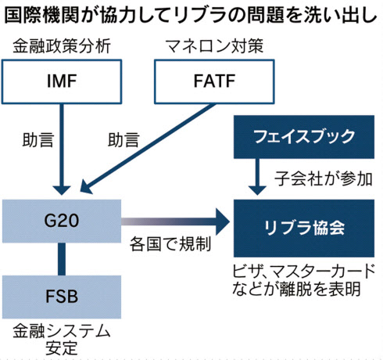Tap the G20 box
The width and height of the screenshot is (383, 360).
coord(62,221)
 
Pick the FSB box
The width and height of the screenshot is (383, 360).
coord(62,297)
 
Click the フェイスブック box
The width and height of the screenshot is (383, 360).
coord(304,137)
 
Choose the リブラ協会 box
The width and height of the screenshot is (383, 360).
coord(304,229)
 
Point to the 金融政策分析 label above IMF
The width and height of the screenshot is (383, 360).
coord(62,46)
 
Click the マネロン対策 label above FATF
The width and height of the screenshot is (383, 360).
coord(214,46)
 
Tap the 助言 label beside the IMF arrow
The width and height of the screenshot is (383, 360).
coord(38,139)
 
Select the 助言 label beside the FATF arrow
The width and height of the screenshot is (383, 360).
coord(123,139)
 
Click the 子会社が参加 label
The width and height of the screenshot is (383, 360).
coord(324,179)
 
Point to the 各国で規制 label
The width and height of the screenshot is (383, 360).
coord(170,244)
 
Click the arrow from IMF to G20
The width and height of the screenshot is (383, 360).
coord(62,149)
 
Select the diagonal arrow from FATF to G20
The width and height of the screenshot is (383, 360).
coord(148,149)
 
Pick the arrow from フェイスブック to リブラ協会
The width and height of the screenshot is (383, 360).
coord(257,177)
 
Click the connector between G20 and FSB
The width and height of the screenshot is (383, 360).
coord(62,259)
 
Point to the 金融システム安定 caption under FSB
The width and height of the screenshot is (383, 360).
coord(62,339)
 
